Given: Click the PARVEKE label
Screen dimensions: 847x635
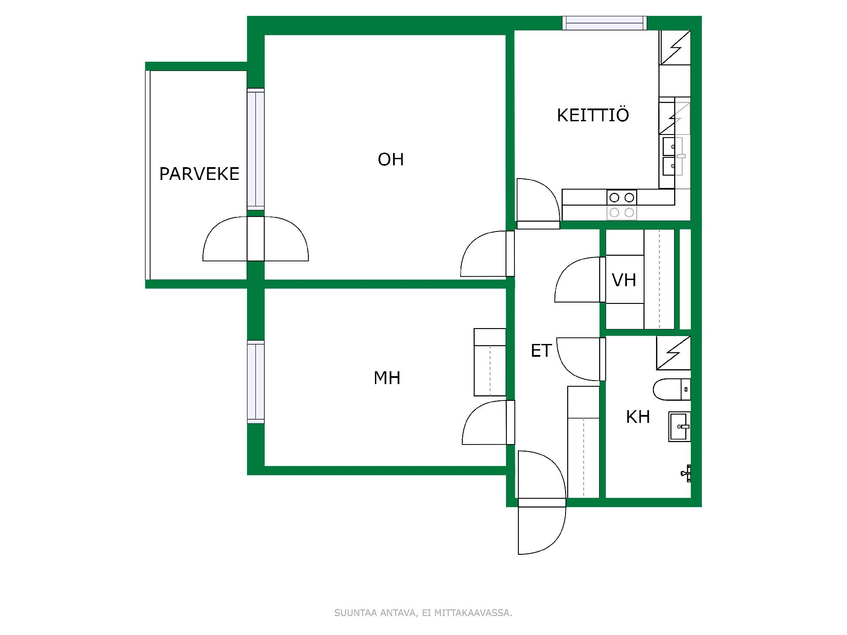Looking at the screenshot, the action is pyautogui.click(x=199, y=174).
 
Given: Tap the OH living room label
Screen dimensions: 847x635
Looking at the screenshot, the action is pyautogui.click(x=391, y=159).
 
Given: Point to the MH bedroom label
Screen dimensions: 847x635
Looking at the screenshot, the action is pyautogui.click(x=387, y=378).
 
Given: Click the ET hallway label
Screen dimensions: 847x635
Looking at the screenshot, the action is pyautogui.click(x=541, y=351).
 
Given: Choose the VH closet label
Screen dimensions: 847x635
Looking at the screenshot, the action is pyautogui.click(x=624, y=280).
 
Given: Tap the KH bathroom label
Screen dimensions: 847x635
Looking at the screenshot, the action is pyautogui.click(x=638, y=417).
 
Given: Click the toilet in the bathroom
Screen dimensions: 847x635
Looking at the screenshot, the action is pyautogui.click(x=672, y=389).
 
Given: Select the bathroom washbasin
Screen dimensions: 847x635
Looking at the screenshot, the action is pyautogui.click(x=679, y=426).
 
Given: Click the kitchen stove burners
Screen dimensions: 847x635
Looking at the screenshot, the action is pyautogui.click(x=622, y=205).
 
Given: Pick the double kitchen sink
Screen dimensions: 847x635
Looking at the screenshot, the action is pyautogui.click(x=673, y=156).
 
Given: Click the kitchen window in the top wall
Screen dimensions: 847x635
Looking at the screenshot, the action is pyautogui.click(x=604, y=23).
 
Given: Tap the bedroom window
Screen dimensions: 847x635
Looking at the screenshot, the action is pyautogui.click(x=256, y=382).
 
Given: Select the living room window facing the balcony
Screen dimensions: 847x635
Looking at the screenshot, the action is pyautogui.click(x=256, y=149).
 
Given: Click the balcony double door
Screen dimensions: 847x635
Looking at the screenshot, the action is pyautogui.click(x=255, y=239).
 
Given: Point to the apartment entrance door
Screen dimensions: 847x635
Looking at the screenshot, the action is pyautogui.click(x=542, y=502).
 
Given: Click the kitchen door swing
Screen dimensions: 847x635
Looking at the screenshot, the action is pyautogui.click(x=538, y=203).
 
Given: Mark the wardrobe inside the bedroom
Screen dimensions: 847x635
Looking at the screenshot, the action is pyautogui.click(x=490, y=362).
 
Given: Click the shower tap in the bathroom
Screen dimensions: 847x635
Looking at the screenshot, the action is pyautogui.click(x=686, y=474).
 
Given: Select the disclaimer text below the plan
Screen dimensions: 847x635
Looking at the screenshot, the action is pyautogui.click(x=423, y=613).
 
